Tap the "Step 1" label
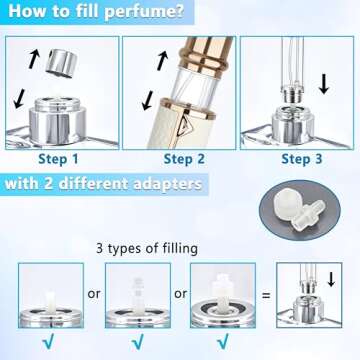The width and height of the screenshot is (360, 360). [59, 158]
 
